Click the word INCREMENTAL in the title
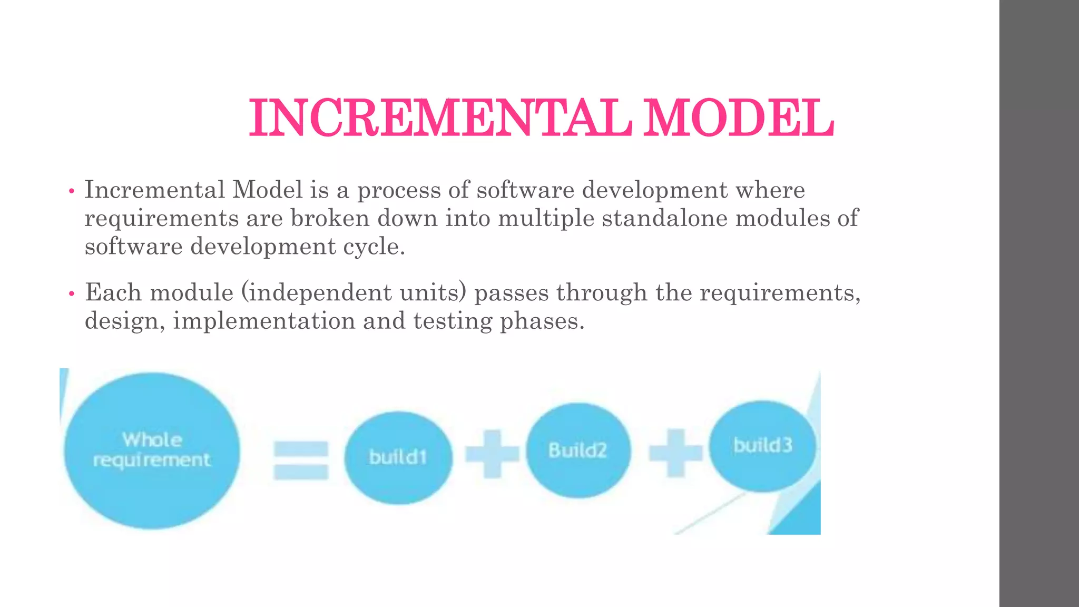[440, 119]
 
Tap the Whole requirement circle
[152, 451]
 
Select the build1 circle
[398, 457]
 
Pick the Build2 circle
[578, 451]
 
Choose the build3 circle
[762, 446]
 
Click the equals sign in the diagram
[301, 460]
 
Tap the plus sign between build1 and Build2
[492, 454]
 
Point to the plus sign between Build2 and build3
[675, 453]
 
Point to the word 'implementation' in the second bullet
[264, 321]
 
